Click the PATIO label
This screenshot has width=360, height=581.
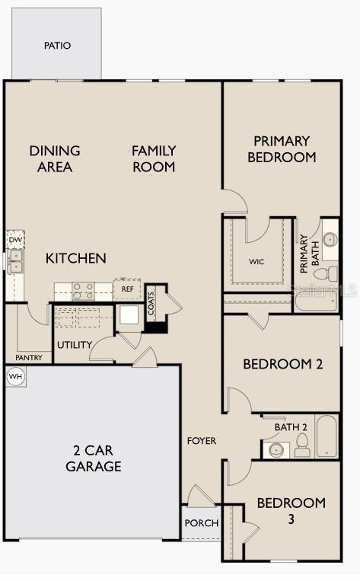point(57,46)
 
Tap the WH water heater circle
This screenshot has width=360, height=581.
point(14,376)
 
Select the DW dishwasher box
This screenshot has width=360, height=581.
point(15,240)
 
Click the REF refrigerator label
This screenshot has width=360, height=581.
point(128,289)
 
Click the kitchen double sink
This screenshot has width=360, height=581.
point(15,261)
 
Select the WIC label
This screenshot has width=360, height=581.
point(257,261)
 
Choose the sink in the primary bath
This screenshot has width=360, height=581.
point(330,240)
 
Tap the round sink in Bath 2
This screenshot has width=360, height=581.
point(274,449)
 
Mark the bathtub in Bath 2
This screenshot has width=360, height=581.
point(327,436)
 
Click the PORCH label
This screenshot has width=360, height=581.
point(202,523)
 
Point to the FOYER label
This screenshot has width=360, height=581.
point(202,441)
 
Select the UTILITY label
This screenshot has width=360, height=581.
point(74,345)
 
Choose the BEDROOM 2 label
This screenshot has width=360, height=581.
point(282,364)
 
